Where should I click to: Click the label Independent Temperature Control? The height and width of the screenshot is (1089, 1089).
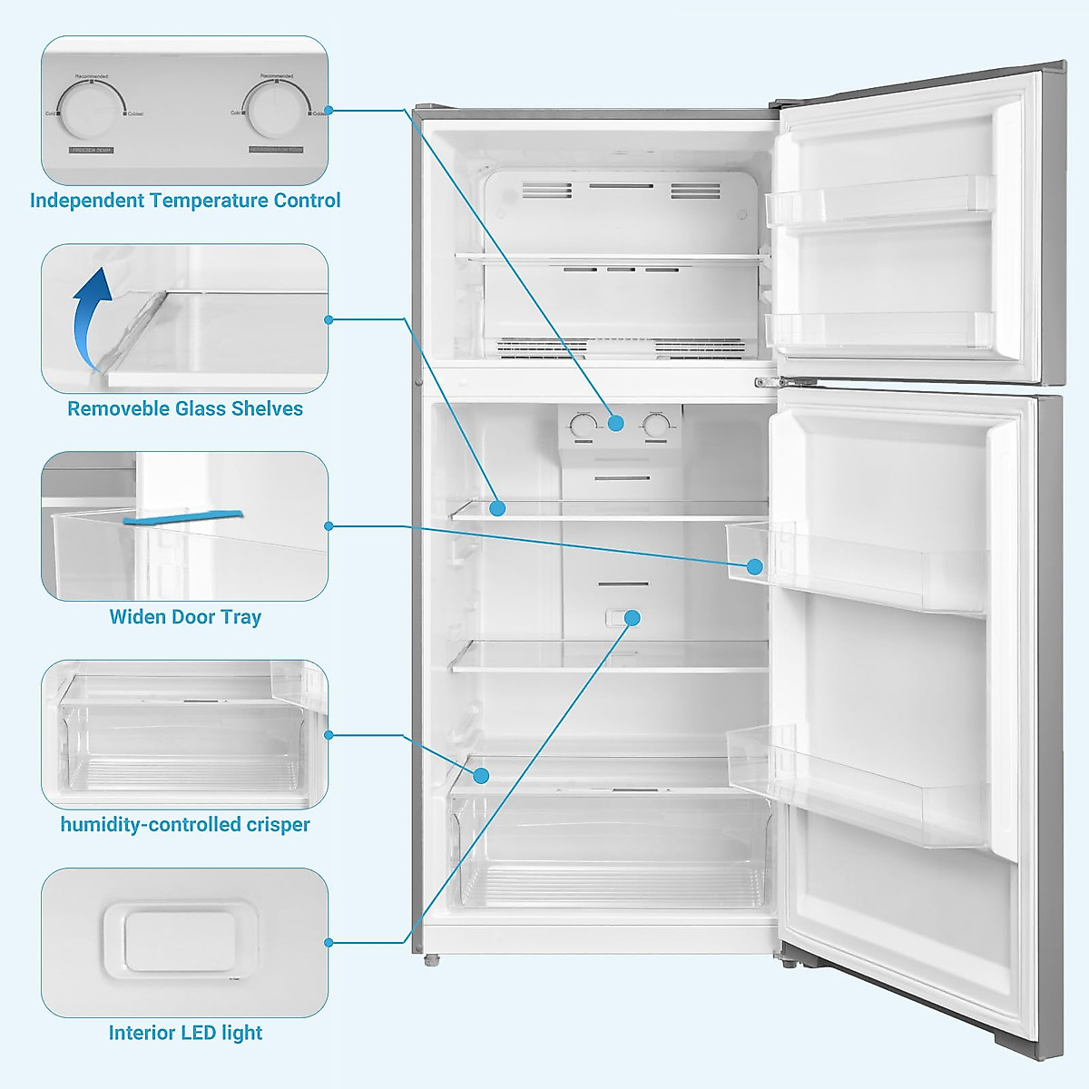point(185,201)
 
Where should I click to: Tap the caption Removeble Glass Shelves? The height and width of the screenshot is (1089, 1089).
point(185,408)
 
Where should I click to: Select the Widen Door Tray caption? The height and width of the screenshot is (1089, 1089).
point(185,617)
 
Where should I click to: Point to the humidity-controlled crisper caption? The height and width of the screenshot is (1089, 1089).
point(185,825)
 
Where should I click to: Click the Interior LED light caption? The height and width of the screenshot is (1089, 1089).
point(185,1033)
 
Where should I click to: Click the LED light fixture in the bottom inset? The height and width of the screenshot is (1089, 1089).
point(180,939)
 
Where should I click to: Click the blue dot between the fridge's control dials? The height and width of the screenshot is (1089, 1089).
point(616,423)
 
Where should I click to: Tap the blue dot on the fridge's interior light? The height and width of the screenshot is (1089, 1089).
point(633,618)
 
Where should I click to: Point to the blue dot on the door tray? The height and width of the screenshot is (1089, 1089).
point(755,567)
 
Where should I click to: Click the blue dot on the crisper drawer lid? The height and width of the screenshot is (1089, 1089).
point(481,776)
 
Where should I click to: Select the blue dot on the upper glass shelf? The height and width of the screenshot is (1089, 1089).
point(497,508)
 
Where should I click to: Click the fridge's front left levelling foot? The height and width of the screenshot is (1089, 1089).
point(430,958)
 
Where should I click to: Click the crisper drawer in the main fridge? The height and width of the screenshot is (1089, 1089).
point(608,853)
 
